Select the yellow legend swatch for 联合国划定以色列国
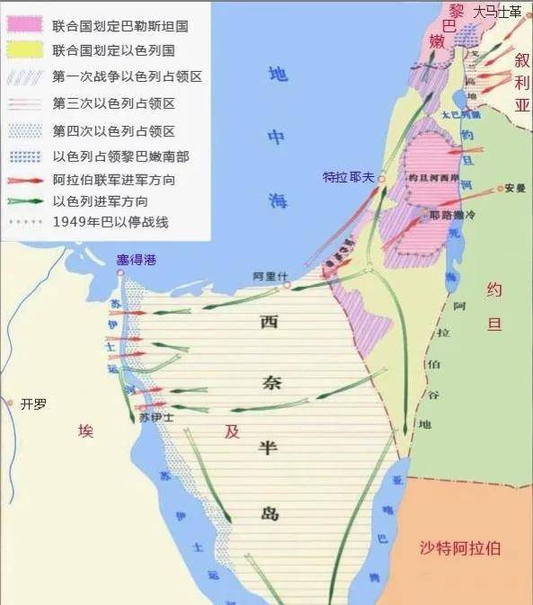tap(25, 51)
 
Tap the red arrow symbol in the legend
tap(25, 180)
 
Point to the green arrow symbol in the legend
tap(25, 201)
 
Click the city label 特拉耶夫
tap(349, 177)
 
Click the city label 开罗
tap(33, 404)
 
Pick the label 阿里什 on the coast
tap(268, 276)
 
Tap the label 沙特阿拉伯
tap(460, 547)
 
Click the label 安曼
tap(514, 189)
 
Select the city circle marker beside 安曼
tap(500, 190)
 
